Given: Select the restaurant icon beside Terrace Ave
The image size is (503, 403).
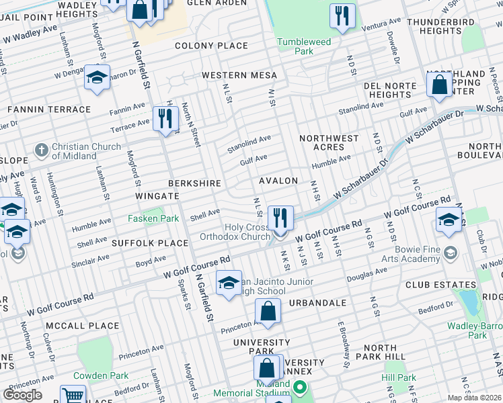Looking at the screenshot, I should (165, 119).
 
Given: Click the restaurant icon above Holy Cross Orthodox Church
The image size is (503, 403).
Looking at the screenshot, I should (280, 218).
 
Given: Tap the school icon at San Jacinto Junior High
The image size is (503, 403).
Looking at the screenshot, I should (229, 281).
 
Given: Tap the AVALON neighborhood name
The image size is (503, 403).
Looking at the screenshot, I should (278, 181).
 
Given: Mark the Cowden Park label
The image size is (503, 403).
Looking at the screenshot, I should (100, 375).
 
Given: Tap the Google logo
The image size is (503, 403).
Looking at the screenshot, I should (22, 394).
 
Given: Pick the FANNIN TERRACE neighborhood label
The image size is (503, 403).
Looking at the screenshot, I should (48, 109).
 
